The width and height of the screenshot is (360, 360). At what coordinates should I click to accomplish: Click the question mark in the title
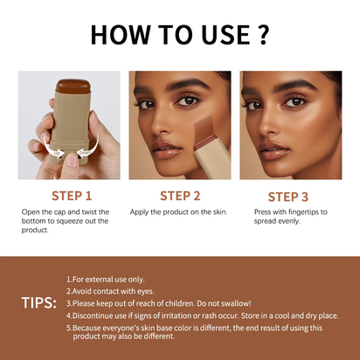click(260, 34)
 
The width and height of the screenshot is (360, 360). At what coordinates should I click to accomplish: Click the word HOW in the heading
click(127, 34)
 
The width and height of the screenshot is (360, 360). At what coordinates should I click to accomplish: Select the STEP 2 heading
click(180, 196)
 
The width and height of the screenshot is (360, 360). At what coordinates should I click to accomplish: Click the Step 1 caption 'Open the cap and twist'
click(66, 212)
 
